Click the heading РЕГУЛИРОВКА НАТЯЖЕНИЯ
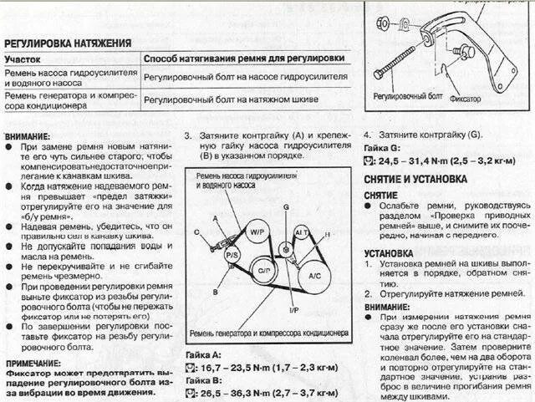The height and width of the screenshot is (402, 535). (x=68, y=43)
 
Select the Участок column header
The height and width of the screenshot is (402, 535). (x=25, y=60)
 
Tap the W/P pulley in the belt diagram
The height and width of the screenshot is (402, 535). (x=256, y=231)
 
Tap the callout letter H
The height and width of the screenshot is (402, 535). (x=327, y=235)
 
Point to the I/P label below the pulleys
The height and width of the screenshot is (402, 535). (x=270, y=310)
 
